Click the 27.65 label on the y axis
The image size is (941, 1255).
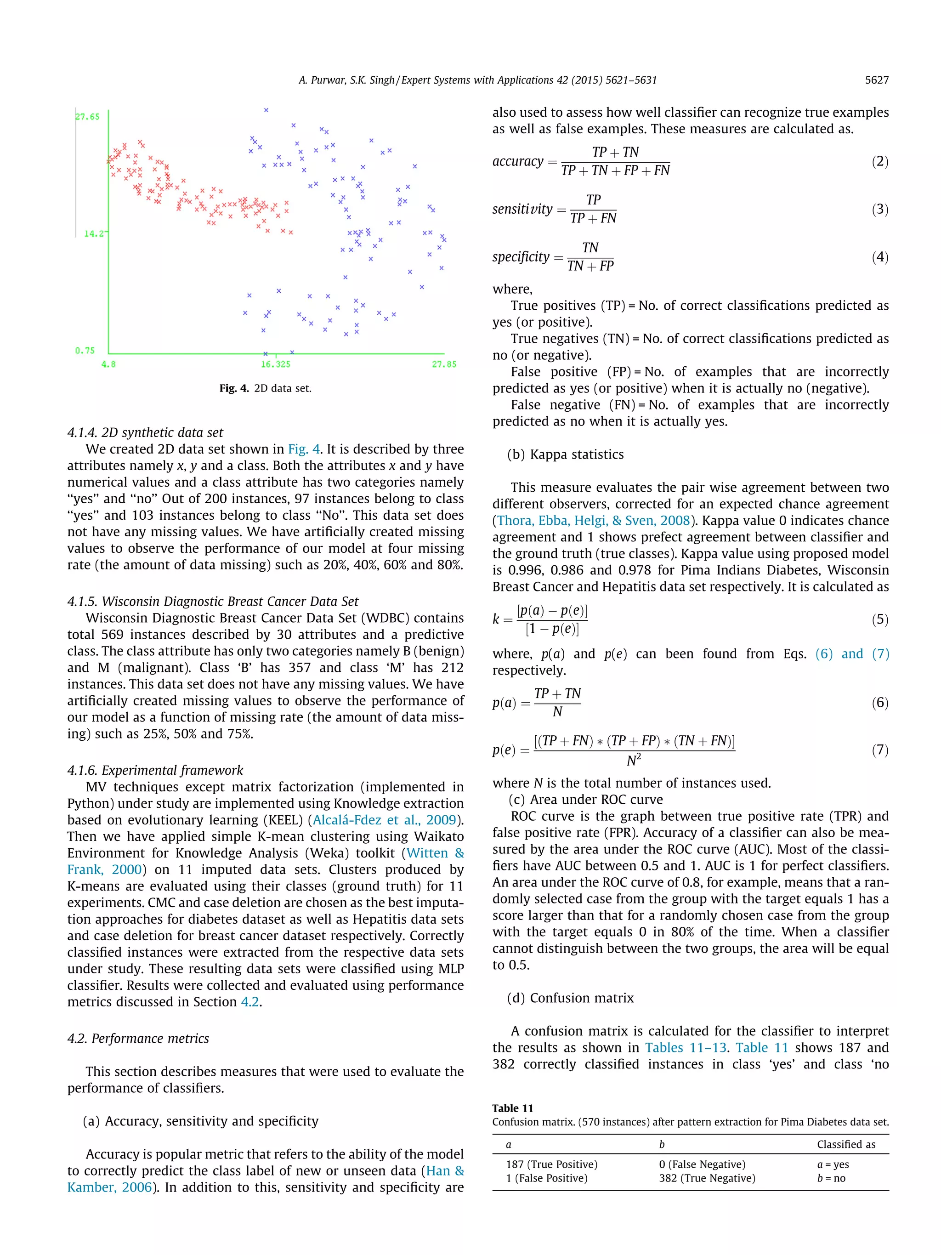tap(87, 117)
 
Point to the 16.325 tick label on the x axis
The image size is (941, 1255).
tap(275, 364)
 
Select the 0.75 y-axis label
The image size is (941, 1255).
tap(85, 351)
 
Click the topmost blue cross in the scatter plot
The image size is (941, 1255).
tap(266, 110)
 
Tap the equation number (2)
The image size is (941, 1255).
tap(880, 161)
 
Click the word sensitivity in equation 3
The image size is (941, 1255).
tap(522, 210)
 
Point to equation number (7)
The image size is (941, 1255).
tap(880, 750)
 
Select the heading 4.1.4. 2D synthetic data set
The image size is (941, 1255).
tap(145, 432)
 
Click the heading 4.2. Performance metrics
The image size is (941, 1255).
tap(138, 1038)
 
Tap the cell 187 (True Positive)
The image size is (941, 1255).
tap(551, 1164)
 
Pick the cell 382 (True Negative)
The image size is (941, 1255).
tap(707, 1178)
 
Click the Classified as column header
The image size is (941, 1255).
tap(846, 1144)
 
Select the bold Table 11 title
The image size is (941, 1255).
tap(512, 1108)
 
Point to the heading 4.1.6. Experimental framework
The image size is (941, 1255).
tap(155, 770)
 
